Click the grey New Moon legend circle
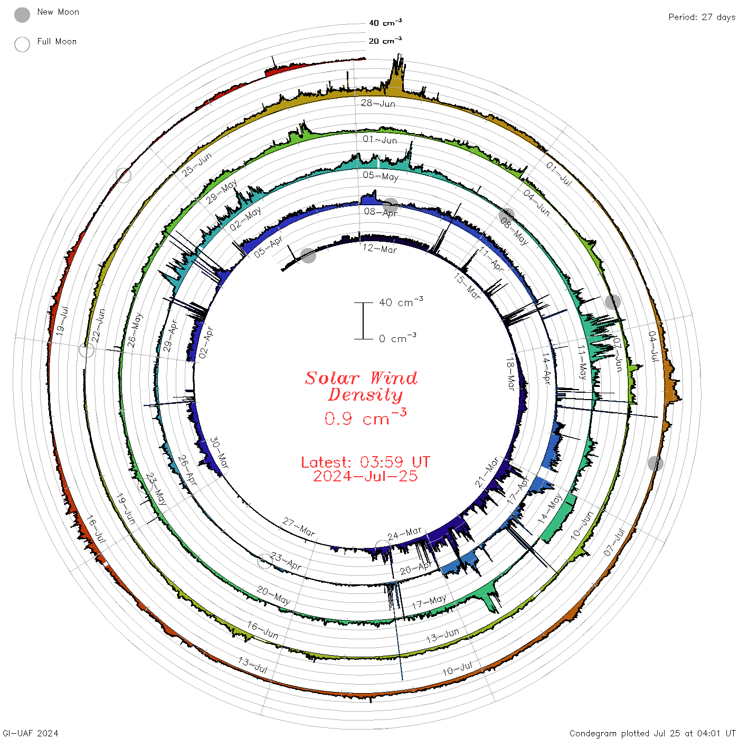pyautogui.click(x=22, y=15)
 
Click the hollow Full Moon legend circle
pyautogui.click(x=22, y=44)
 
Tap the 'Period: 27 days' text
pyautogui.click(x=702, y=17)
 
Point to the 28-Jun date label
pyautogui.click(x=378, y=103)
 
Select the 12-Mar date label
pyautogui.click(x=380, y=249)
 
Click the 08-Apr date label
pyautogui.click(x=381, y=212)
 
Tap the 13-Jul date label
pyautogui.click(x=252, y=665)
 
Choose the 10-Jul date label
pyautogui.click(x=457, y=668)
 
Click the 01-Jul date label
pyautogui.click(x=559, y=173)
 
